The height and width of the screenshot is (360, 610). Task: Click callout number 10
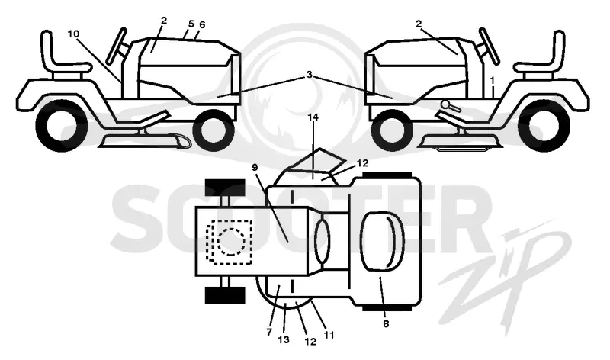(73, 34)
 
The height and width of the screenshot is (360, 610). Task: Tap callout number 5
(191, 24)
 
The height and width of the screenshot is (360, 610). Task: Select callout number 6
(202, 24)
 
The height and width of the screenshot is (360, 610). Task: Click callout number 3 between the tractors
(310, 74)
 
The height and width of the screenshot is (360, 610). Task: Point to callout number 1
(492, 81)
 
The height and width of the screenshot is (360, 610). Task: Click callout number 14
(313, 117)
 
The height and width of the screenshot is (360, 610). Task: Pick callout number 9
(255, 167)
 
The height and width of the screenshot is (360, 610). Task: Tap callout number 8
(386, 323)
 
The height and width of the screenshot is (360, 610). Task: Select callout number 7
(269, 333)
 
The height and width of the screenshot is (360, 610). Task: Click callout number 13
(284, 339)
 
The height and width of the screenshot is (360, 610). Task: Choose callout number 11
(329, 335)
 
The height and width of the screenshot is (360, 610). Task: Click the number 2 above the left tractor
(164, 21)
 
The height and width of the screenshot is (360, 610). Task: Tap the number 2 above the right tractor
(419, 24)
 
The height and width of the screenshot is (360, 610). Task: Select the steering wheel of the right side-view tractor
(489, 46)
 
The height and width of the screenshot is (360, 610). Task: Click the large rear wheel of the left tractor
(61, 125)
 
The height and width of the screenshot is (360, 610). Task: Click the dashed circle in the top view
(232, 242)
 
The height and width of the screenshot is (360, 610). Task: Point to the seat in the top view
(383, 241)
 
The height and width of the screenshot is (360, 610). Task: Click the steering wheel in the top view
(322, 241)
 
